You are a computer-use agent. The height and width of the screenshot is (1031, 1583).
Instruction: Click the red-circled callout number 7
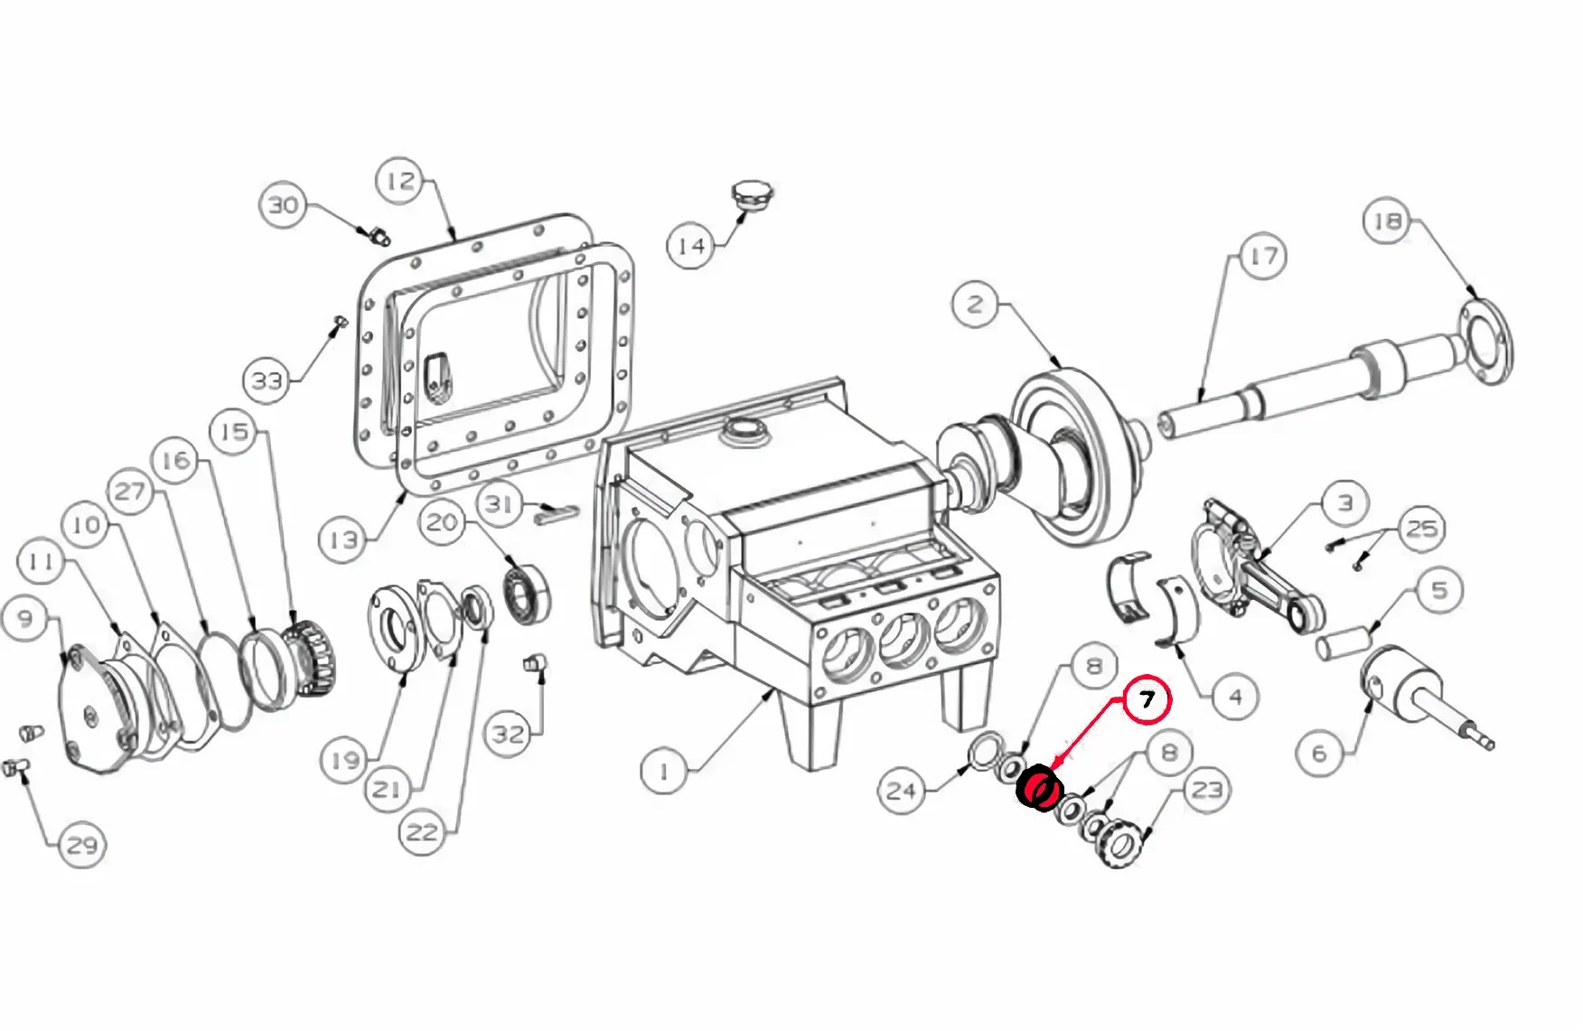click(1147, 700)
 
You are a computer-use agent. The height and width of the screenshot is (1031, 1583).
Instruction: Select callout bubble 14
click(691, 245)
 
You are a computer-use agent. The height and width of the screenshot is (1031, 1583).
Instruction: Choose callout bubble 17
click(1263, 258)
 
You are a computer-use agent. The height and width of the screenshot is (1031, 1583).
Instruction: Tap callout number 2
click(976, 304)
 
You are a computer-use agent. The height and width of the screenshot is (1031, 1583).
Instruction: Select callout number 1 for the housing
click(664, 771)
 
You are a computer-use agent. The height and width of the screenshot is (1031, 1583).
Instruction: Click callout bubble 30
click(284, 205)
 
